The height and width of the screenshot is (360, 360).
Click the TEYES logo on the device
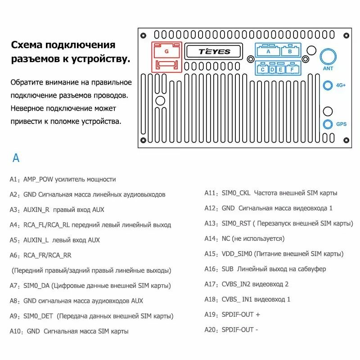(x=214, y=51)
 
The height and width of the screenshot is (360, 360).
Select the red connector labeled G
(x=166, y=51)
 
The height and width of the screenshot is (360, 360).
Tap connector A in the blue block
(x=268, y=51)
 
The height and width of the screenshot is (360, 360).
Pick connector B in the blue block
(x=290, y=51)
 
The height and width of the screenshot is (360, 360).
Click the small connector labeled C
(x=262, y=69)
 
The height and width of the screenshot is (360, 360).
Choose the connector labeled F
(x=292, y=69)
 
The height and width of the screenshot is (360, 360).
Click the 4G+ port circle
(x=328, y=85)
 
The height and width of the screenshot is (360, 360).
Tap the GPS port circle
(x=328, y=124)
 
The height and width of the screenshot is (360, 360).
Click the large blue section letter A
(x=16, y=158)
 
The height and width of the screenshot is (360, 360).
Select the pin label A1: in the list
(x=15, y=179)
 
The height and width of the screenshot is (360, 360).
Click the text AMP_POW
(x=38, y=179)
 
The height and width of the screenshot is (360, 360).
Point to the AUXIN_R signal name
(x=36, y=210)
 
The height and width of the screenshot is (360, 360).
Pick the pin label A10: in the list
(x=17, y=331)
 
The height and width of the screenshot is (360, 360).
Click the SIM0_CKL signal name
(x=236, y=193)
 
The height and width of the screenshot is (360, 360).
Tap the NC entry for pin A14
(x=226, y=238)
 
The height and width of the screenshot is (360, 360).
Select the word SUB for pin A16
(x=228, y=269)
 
